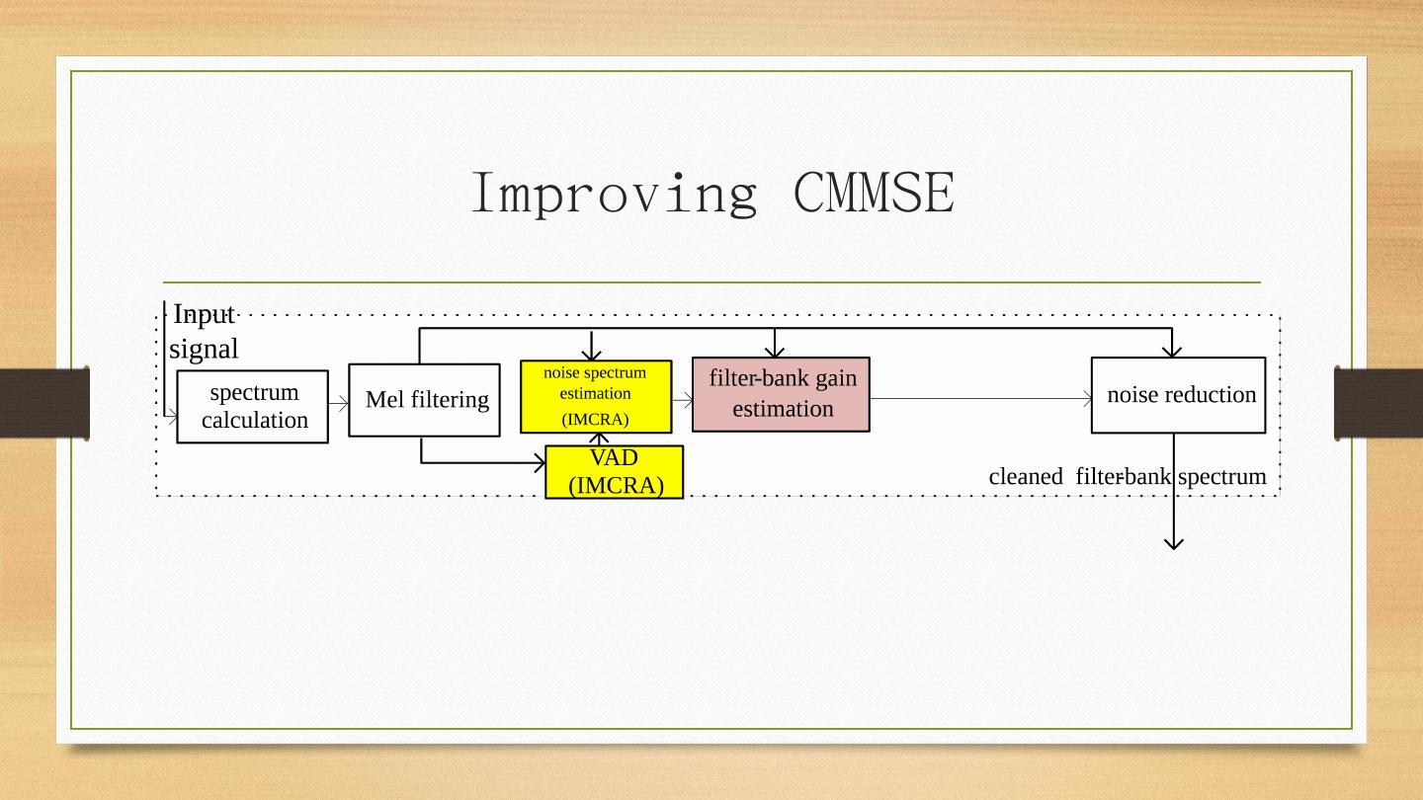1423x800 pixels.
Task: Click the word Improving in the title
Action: (614, 193)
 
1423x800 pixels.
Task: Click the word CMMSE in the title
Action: (874, 193)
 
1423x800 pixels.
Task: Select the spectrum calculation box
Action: (253, 407)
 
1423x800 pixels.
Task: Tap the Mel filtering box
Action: (424, 400)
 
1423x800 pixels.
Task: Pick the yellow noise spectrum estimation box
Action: (596, 396)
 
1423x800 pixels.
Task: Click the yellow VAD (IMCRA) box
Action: (614, 472)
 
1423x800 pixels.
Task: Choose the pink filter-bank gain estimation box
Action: (781, 394)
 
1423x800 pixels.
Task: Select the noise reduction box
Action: (1178, 395)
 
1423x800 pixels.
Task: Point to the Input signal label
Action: (205, 332)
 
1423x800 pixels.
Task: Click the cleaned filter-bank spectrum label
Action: (1127, 477)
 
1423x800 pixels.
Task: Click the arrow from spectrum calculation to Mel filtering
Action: (338, 403)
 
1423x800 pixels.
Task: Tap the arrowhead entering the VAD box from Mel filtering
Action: (540, 462)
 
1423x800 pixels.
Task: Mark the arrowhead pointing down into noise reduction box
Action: (1172, 350)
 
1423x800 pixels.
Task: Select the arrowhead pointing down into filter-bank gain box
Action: (775, 350)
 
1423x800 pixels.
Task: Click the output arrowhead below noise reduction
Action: (1174, 541)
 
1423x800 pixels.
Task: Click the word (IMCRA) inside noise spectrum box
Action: (595, 420)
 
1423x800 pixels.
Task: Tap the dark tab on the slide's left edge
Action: (44, 402)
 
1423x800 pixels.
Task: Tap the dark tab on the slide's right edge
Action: (1379, 402)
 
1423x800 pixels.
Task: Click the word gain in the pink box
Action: (836, 379)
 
